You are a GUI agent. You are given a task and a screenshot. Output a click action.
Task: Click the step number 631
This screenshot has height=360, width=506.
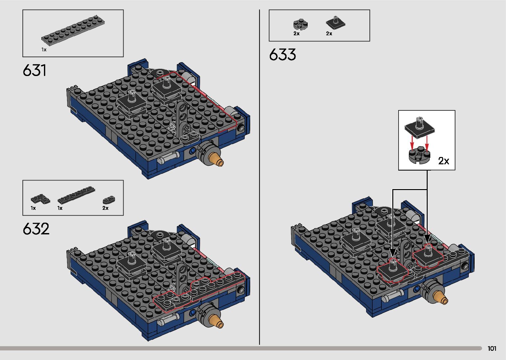point(35,70)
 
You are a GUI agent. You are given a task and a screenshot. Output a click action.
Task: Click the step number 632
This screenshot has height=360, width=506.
point(36,229)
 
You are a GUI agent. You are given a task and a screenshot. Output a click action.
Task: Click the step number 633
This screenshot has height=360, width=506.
point(282,55)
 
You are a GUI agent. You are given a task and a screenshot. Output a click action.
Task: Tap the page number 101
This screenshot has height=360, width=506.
point(492,348)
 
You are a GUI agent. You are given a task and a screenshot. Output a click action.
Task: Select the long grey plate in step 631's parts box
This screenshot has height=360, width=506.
point(73,29)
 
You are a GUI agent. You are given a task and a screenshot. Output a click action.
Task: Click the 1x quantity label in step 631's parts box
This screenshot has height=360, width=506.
point(44,50)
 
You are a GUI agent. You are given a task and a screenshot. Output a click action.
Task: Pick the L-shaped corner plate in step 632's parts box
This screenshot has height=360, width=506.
point(40,199)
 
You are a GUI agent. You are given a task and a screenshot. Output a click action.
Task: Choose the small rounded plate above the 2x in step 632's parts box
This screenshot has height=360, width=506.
point(109,200)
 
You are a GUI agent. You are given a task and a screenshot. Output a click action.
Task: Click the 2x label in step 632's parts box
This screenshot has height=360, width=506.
point(105,208)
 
